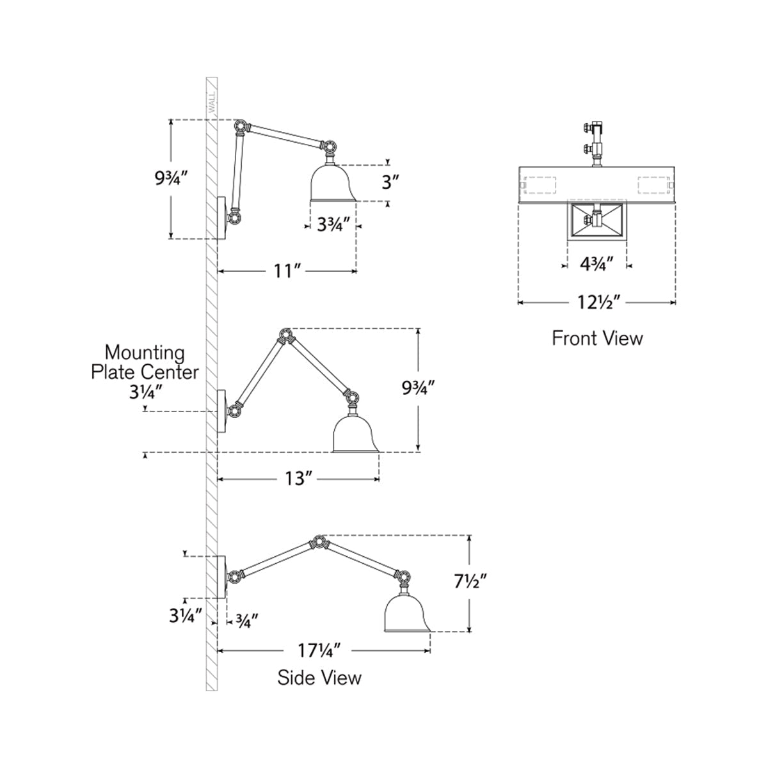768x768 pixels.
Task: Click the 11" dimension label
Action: click(x=286, y=271)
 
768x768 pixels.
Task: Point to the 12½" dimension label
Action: click(x=599, y=303)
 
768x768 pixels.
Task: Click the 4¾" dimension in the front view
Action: click(x=596, y=264)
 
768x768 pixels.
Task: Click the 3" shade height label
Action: click(x=390, y=182)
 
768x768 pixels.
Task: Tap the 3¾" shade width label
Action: click(x=333, y=225)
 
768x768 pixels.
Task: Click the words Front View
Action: click(x=597, y=339)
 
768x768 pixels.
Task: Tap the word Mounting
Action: click(x=145, y=353)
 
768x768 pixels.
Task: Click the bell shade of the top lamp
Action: click(x=332, y=183)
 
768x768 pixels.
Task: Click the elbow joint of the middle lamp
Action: click(x=285, y=335)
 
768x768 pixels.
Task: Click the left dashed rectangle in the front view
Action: click(x=540, y=186)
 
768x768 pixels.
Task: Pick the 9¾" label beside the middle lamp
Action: click(x=418, y=387)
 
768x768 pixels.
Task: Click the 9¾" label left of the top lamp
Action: click(x=171, y=179)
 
